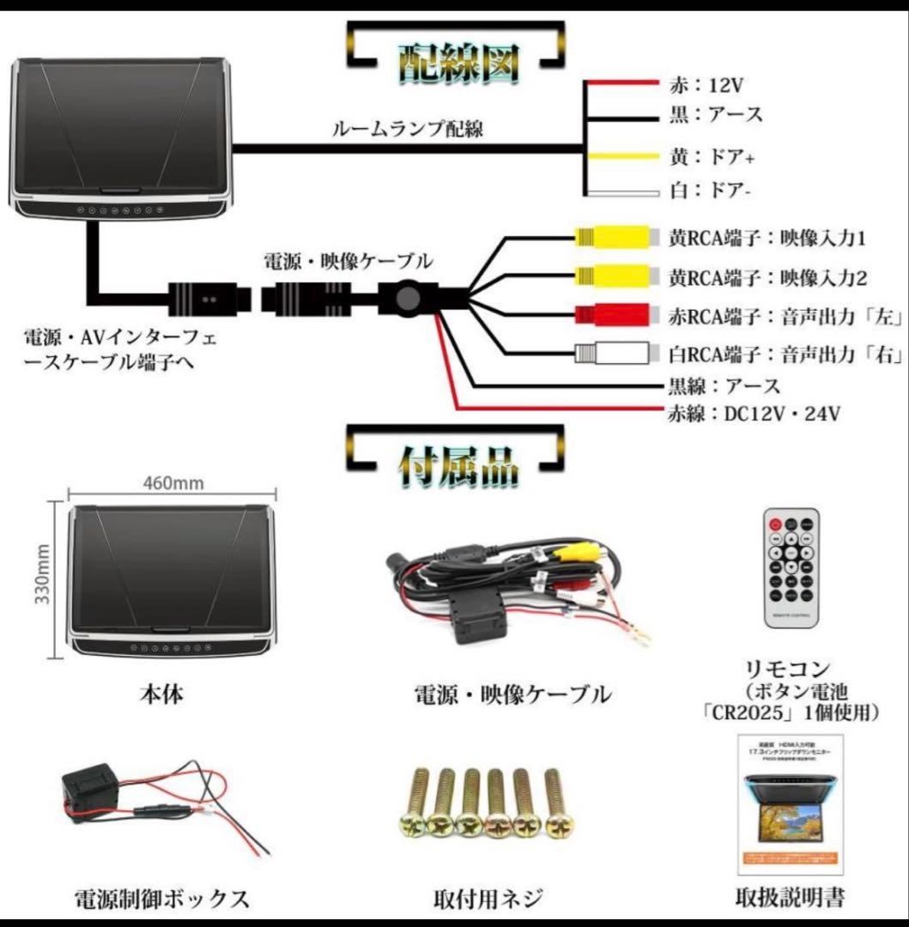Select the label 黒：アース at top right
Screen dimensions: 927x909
[714, 115]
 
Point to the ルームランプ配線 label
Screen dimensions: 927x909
[408, 130]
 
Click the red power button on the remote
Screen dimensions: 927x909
[775, 524]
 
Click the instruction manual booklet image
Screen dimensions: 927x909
[791, 805]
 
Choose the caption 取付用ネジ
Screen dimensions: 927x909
[488, 899]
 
